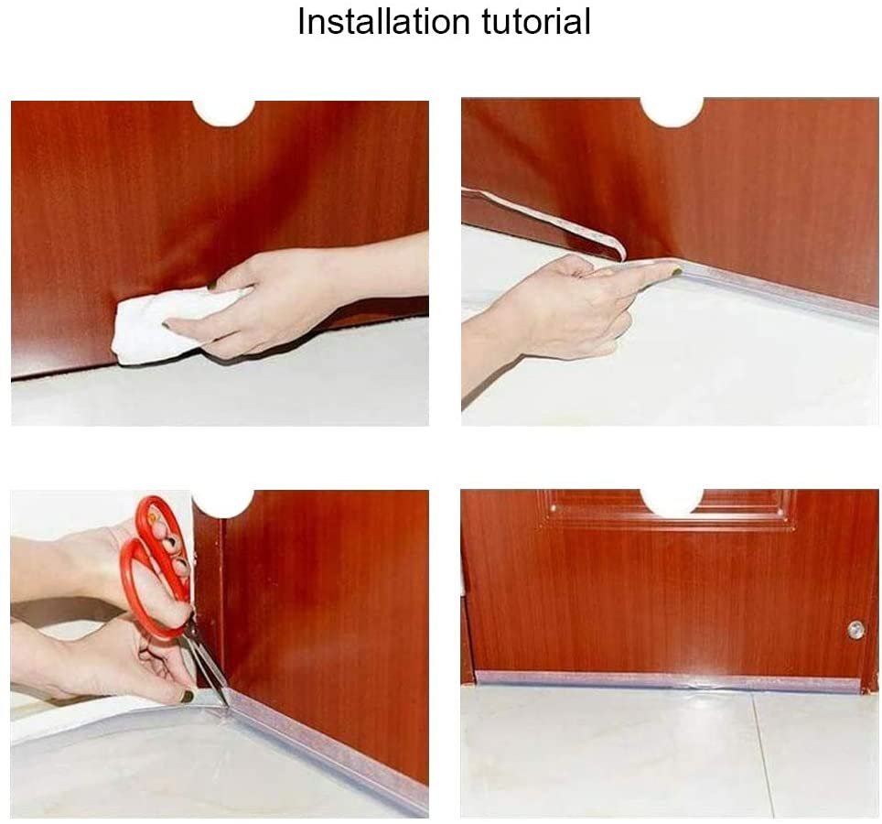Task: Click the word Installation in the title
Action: click(x=383, y=21)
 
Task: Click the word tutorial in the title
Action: click(x=536, y=21)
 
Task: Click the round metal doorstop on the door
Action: click(x=856, y=630)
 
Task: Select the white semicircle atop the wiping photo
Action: click(x=224, y=113)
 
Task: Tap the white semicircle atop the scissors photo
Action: click(x=222, y=504)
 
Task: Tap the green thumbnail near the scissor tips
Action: click(x=187, y=696)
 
